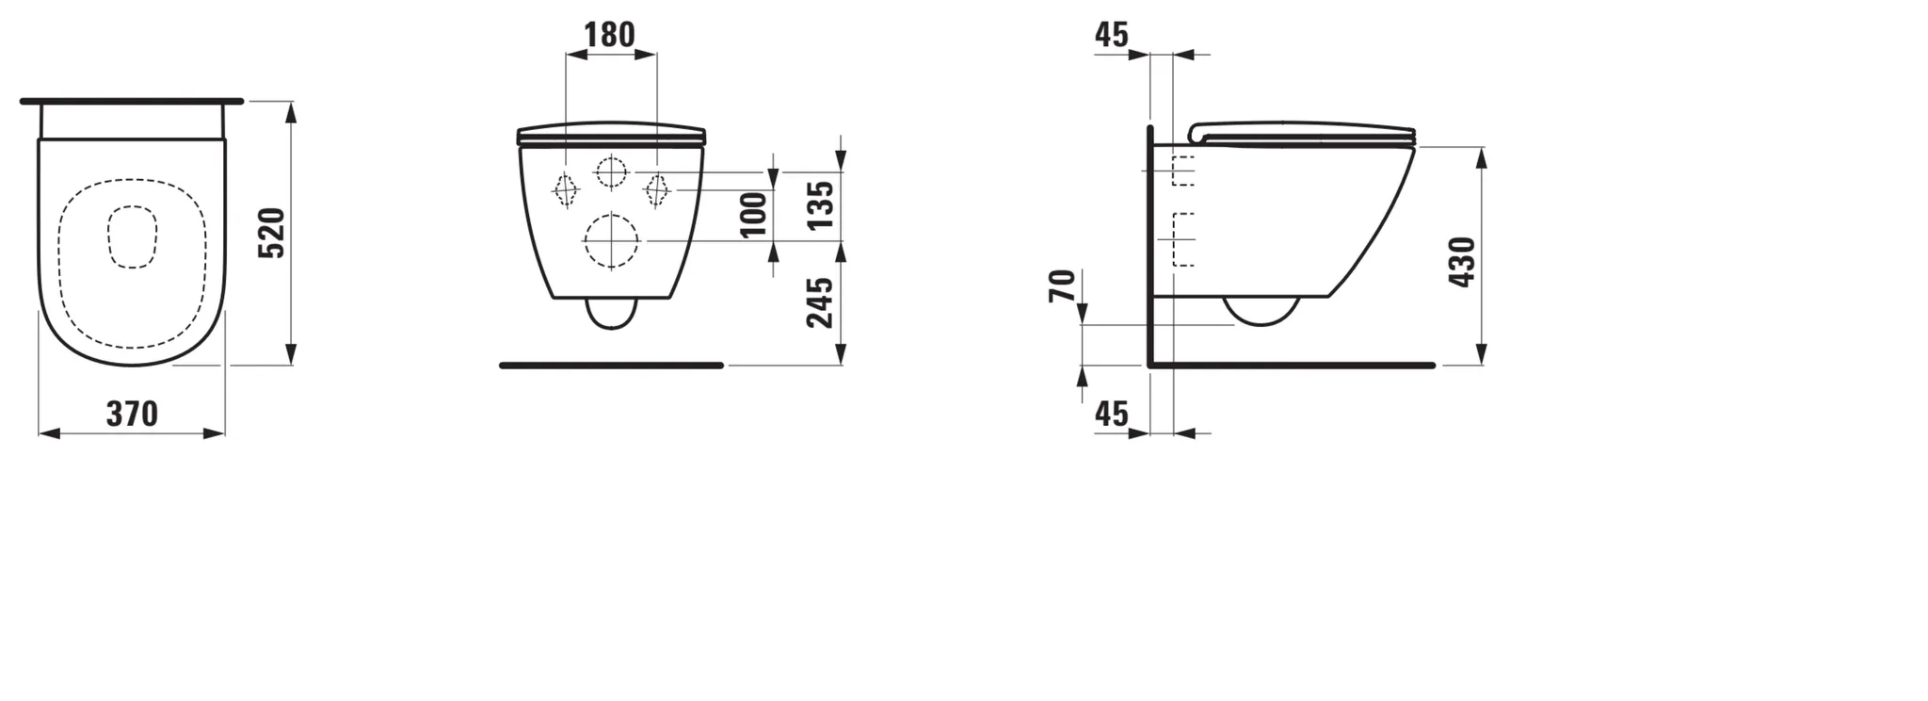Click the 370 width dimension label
(x=132, y=414)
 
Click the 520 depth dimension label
(x=271, y=234)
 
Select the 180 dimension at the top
(x=609, y=35)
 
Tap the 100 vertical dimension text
(x=754, y=215)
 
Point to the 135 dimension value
(x=821, y=205)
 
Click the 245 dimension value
(x=821, y=302)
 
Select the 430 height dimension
(x=1462, y=262)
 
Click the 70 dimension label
(x=1061, y=285)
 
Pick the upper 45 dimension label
(x=1112, y=35)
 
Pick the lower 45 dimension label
(x=1112, y=413)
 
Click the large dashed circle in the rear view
(x=612, y=241)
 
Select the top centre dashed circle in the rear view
(x=611, y=172)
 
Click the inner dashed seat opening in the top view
(x=132, y=237)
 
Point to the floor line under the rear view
(x=611, y=366)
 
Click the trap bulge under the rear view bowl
(x=612, y=315)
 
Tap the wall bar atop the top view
(x=132, y=101)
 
